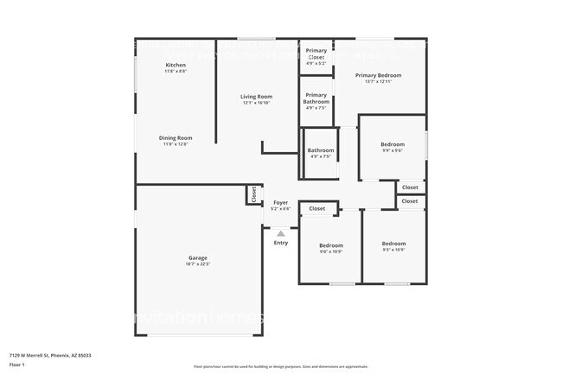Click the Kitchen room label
point(176,66)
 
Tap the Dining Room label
point(176,138)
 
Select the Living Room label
point(256,97)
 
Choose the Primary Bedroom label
point(379,75)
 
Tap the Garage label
point(198,257)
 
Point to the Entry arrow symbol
point(280,232)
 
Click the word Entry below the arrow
point(281,243)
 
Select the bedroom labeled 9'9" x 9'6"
point(393,144)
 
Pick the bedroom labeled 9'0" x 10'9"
point(331,244)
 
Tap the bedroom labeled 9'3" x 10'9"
point(393,244)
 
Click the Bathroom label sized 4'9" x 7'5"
point(320,151)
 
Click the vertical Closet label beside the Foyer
point(253,195)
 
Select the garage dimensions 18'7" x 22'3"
point(198,263)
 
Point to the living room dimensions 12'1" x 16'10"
point(256,103)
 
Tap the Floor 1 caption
point(17,363)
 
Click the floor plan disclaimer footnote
point(280,367)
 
